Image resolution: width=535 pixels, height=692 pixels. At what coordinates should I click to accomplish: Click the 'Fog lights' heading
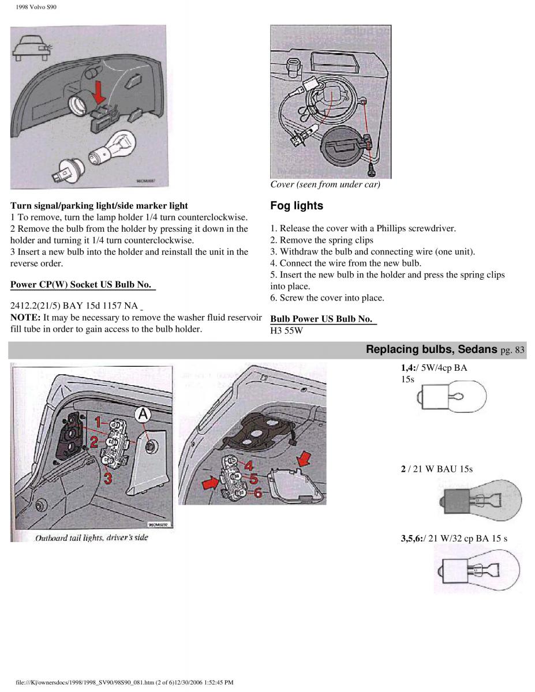[x=296, y=206]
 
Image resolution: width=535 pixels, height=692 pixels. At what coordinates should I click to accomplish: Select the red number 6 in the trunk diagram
[x=257, y=493]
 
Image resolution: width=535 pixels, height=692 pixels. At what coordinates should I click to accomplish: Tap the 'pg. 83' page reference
[x=513, y=349]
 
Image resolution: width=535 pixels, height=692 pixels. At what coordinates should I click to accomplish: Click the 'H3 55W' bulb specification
[x=287, y=331]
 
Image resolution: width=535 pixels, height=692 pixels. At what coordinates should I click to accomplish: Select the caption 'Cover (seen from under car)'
[x=325, y=185]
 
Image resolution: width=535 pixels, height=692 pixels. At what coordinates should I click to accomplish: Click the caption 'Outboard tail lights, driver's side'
[x=92, y=537]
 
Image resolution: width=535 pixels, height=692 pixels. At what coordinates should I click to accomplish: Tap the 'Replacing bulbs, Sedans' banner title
[x=432, y=349]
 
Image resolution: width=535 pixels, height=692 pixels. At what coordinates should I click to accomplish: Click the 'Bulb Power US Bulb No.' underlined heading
[x=321, y=318]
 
